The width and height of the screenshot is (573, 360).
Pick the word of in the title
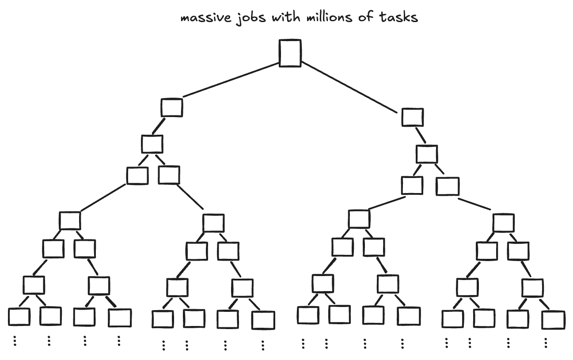[x=366, y=18]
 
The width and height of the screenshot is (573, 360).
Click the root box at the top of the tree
[x=290, y=53]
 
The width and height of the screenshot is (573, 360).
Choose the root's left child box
[x=171, y=107]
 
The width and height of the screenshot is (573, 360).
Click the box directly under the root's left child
[x=152, y=144]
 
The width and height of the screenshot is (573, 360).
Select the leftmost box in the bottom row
[x=19, y=317]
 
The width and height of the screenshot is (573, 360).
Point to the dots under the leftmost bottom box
[x=15, y=341]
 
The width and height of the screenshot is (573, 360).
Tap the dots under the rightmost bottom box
[x=546, y=343]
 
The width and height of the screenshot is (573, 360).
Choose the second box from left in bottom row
[x=50, y=315]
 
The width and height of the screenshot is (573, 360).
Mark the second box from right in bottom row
[x=518, y=319]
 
